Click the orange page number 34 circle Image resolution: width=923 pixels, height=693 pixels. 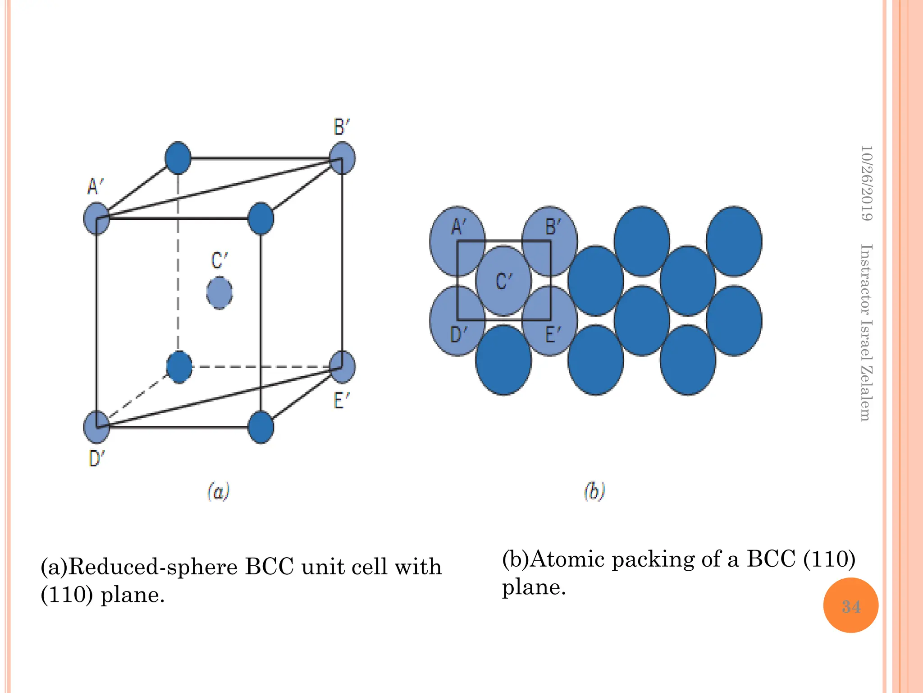(x=850, y=605)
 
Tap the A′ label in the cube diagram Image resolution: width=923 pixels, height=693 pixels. (x=95, y=186)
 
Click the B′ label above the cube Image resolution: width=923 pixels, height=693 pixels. (x=342, y=127)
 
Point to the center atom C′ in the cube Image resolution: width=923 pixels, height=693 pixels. (x=219, y=293)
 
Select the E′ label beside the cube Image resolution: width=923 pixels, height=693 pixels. (x=341, y=400)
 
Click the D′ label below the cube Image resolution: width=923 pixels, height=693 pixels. (x=96, y=459)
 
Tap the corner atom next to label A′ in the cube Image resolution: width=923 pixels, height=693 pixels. (x=96, y=218)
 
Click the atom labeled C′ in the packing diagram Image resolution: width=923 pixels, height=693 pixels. (x=503, y=281)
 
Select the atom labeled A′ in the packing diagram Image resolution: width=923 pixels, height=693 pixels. (x=457, y=241)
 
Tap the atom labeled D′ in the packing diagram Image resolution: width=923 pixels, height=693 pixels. (x=457, y=321)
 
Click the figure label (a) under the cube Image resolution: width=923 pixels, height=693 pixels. (x=219, y=491)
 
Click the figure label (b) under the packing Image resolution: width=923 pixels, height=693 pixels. (x=594, y=491)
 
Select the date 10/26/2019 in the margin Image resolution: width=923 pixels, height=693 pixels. (x=866, y=183)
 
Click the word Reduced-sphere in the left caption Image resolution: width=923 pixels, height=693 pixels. (x=153, y=567)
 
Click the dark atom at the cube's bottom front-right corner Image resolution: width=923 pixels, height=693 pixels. (x=261, y=427)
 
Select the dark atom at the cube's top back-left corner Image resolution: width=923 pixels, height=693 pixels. (x=178, y=158)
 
